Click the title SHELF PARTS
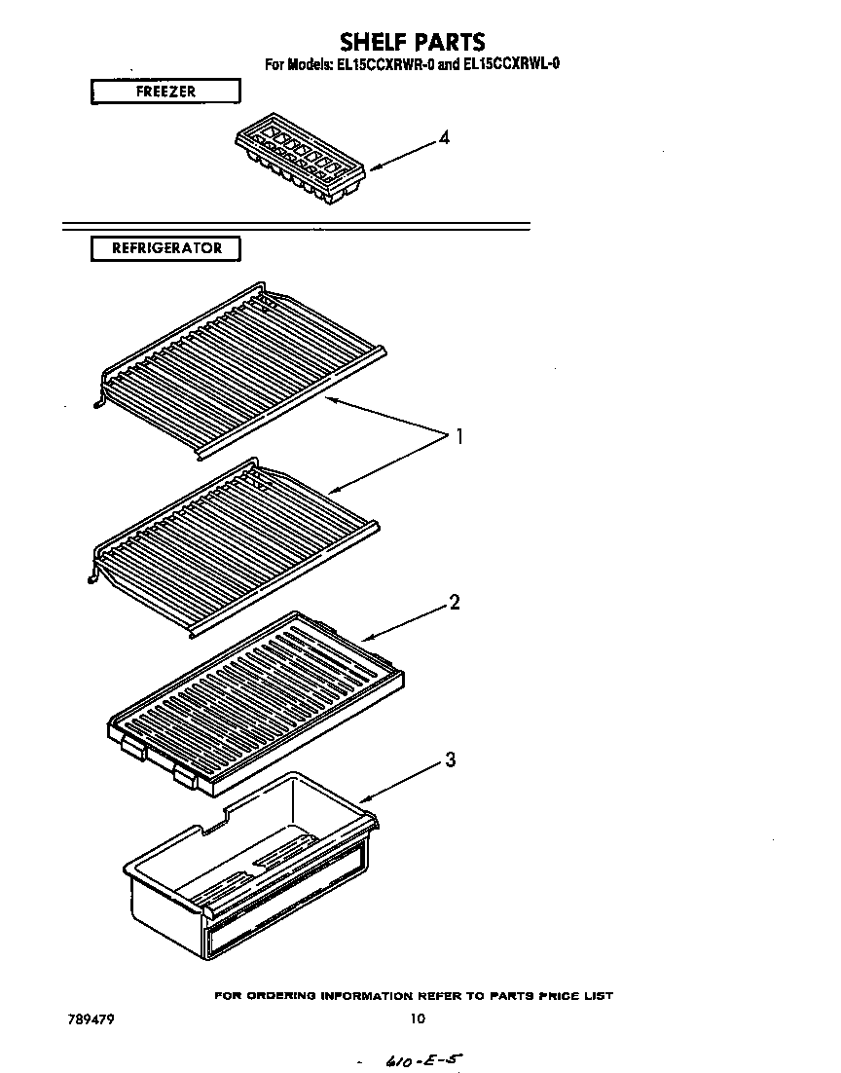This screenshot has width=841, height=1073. click(412, 41)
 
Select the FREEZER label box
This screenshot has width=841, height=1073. click(165, 92)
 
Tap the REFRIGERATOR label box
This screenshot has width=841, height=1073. click(165, 248)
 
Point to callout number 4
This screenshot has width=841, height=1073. click(444, 138)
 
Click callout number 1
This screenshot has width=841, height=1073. click(458, 437)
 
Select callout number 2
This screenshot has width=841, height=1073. click(454, 603)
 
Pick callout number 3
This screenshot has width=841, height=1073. click(450, 760)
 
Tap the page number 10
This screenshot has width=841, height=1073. click(417, 1019)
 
